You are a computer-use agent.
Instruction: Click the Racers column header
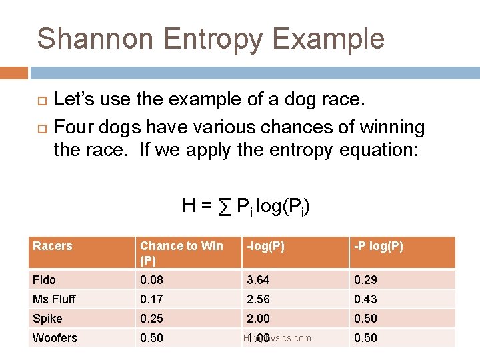pyautogui.click(x=53, y=246)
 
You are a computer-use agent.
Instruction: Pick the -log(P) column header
pyautogui.click(x=265, y=246)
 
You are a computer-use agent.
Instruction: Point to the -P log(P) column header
pyautogui.click(x=378, y=246)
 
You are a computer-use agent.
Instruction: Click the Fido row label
pyautogui.click(x=44, y=279)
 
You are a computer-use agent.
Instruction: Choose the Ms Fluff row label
pyautogui.click(x=54, y=299)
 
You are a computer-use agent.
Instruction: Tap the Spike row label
pyautogui.click(x=47, y=319)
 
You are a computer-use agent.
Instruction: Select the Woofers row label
pyautogui.click(x=55, y=338)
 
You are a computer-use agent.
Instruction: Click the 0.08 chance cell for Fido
pyautogui.click(x=151, y=279)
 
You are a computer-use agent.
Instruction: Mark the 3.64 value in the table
pyautogui.click(x=258, y=279)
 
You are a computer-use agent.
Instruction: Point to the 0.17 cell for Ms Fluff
pyautogui.click(x=151, y=299)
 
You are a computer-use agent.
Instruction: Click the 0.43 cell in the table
pyautogui.click(x=365, y=299)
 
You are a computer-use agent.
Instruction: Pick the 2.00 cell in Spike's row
pyautogui.click(x=258, y=319)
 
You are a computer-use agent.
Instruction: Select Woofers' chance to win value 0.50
pyautogui.click(x=151, y=338)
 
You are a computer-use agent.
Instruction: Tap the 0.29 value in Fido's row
pyautogui.click(x=365, y=279)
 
